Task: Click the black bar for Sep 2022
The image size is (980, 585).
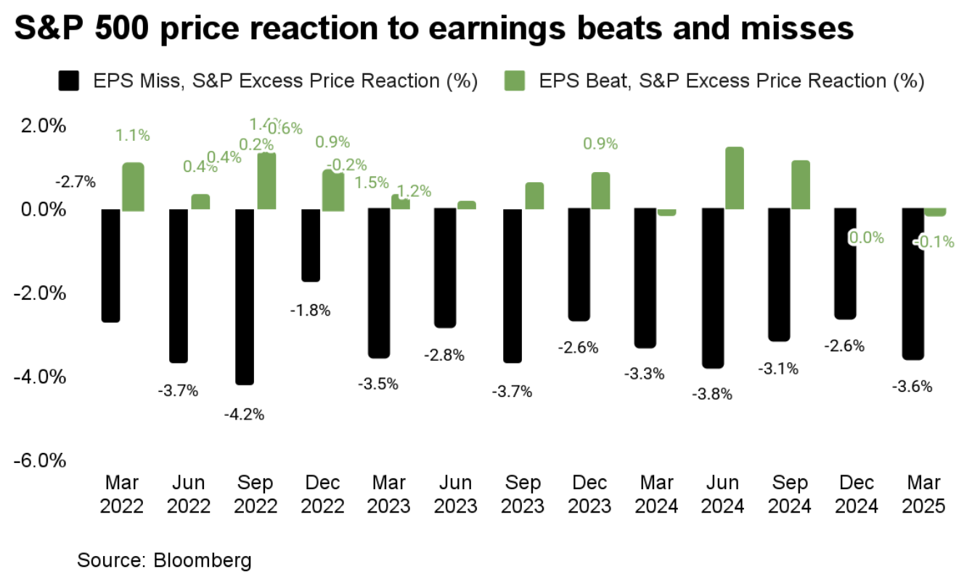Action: pos(245,296)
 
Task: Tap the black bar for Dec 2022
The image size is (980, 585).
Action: pos(311,245)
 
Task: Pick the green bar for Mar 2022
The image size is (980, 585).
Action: pos(133,187)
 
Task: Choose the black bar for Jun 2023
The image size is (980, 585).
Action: pos(445,268)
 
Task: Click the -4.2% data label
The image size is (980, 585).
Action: pos(245,414)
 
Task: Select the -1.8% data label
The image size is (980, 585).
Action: pos(311,310)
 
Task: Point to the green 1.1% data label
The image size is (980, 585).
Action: pos(133,134)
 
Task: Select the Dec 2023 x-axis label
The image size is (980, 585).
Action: pos(589,494)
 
